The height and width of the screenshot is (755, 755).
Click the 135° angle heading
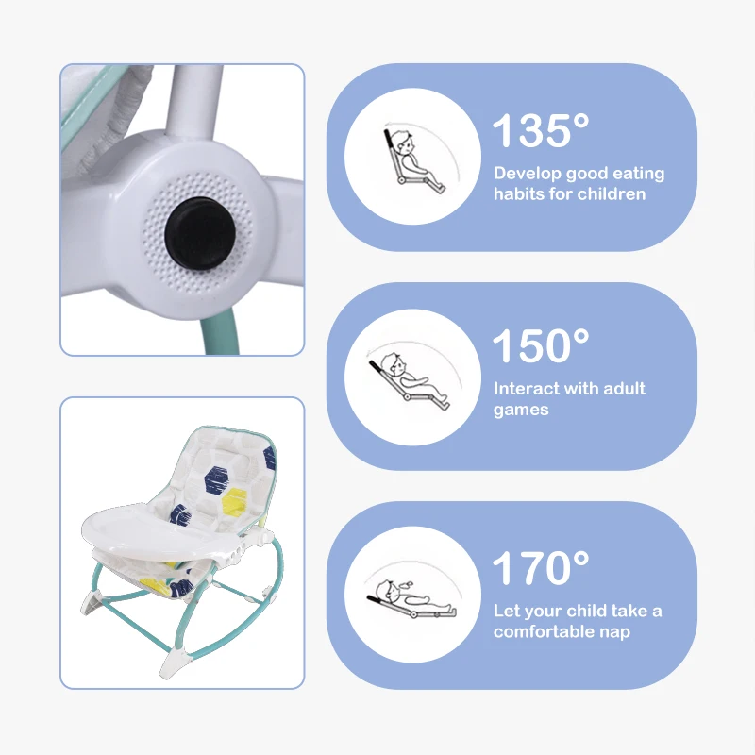click(541, 130)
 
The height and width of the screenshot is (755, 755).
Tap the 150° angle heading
click(541, 345)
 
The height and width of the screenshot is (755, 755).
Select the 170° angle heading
click(541, 568)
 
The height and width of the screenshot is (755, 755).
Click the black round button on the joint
click(200, 233)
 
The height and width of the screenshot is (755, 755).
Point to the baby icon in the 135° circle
click(414, 160)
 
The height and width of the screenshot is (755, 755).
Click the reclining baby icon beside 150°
click(410, 381)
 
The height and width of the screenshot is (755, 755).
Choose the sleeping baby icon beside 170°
click(411, 598)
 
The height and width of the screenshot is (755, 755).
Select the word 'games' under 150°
click(521, 411)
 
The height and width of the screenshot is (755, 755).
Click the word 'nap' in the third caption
click(615, 632)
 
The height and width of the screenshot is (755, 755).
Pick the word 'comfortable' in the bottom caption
click(545, 631)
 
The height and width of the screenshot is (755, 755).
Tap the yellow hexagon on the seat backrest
click(235, 502)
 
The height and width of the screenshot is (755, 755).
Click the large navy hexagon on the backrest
click(217, 480)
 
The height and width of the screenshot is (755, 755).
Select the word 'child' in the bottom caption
click(587, 611)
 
